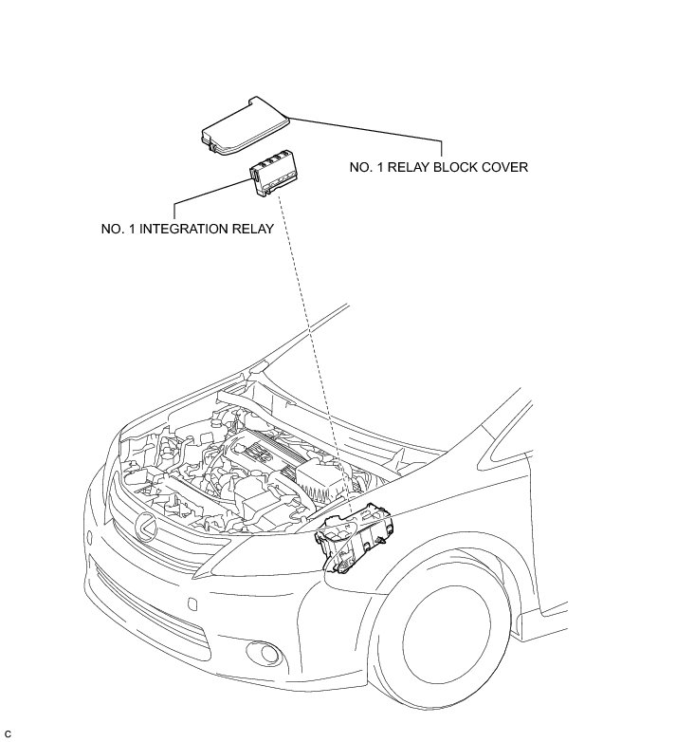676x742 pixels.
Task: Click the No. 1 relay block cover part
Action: [244, 124]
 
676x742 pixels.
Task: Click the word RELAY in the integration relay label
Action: [251, 229]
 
